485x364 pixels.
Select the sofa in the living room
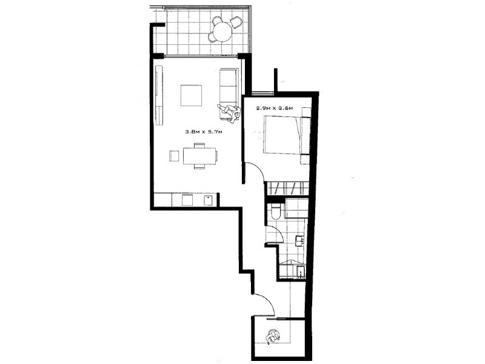[x=228, y=87]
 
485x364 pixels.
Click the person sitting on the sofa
[x=229, y=110]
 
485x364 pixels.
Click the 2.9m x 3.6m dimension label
[x=275, y=109]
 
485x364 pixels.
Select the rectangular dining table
[x=199, y=156]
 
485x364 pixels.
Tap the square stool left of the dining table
[x=174, y=155]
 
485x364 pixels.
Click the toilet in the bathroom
[x=276, y=211]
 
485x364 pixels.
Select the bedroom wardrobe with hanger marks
[x=288, y=186]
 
